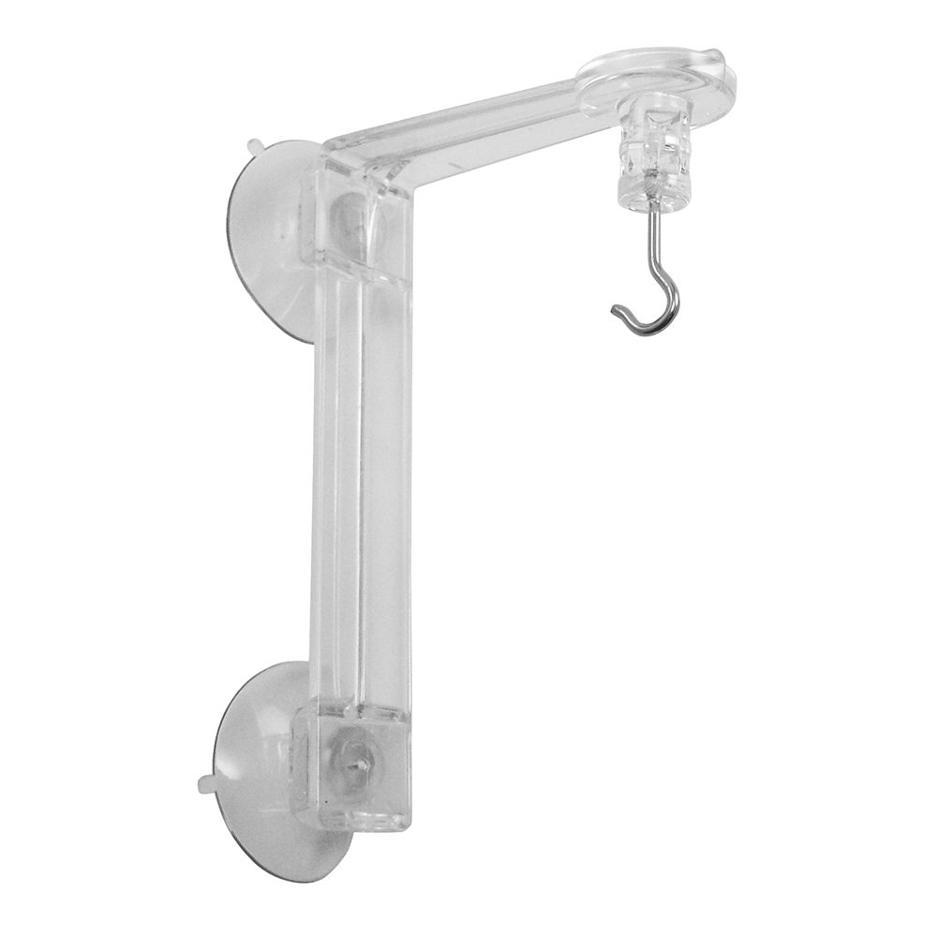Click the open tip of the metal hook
(x=615, y=310)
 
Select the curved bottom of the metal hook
(x=656, y=326)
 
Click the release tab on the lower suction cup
(x=205, y=780)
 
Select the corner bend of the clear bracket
(x=365, y=169)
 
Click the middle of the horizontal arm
(x=487, y=122)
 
